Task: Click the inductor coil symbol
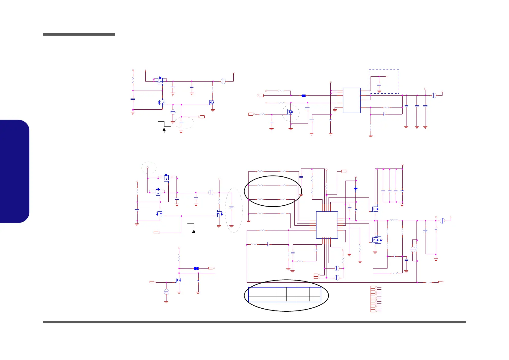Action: tap(394, 220)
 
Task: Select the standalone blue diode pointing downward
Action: tap(356, 189)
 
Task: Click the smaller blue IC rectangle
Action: tap(352, 100)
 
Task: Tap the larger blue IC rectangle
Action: tap(327, 225)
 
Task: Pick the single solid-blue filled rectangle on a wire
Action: tap(303, 96)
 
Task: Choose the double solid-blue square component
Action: tap(196, 268)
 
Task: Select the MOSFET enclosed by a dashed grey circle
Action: tap(290, 112)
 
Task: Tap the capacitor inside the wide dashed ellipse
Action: tap(181, 123)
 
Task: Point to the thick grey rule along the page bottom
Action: tap(254, 322)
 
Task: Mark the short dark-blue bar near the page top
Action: tap(79, 34)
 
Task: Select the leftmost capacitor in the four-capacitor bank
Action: tap(383, 191)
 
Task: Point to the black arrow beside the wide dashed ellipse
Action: tap(164, 130)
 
